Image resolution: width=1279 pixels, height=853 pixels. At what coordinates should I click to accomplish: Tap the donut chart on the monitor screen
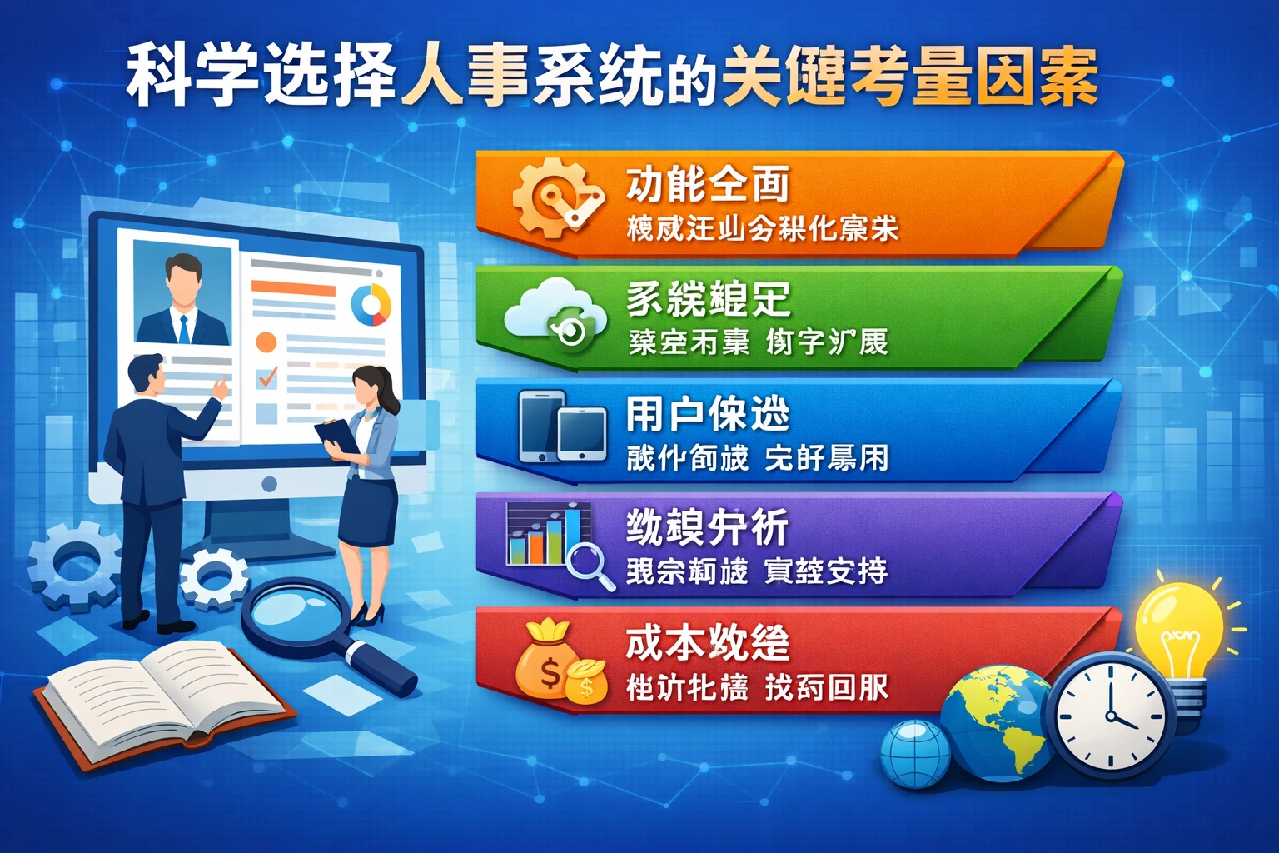pyautogui.click(x=371, y=305)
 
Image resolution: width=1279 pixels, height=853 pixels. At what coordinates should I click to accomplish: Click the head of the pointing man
pyautogui.click(x=148, y=375)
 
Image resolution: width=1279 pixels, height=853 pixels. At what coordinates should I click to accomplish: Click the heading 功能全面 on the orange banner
pyautogui.click(x=708, y=184)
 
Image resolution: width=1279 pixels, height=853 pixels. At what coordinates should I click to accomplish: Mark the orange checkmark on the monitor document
pyautogui.click(x=267, y=377)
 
